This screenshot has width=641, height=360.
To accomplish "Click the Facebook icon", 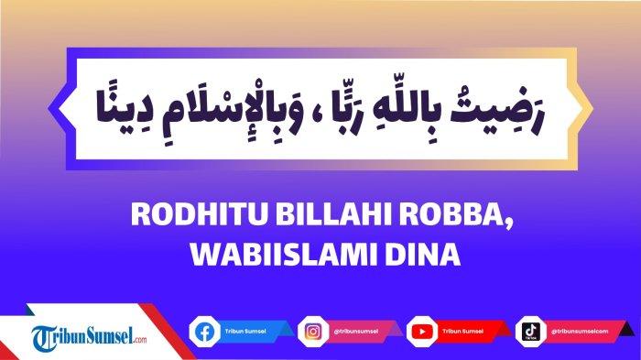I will click(202, 331).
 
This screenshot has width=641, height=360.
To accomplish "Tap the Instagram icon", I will click(312, 331).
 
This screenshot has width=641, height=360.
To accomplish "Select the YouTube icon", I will click(421, 331).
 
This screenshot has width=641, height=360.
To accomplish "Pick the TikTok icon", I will click(531, 331).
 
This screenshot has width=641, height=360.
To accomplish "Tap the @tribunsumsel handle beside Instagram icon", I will click(355, 331).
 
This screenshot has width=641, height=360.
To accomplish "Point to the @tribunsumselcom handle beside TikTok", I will click(581, 331).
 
